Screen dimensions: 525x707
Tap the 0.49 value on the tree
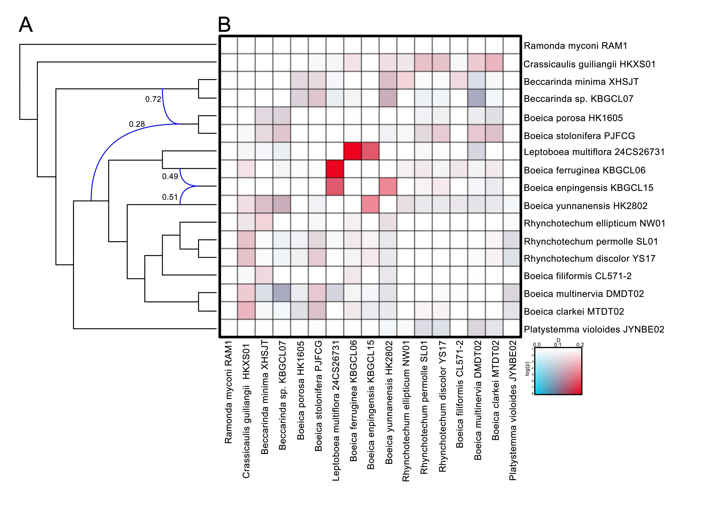[x=170, y=176]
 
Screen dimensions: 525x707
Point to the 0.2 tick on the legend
[x=580, y=345]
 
